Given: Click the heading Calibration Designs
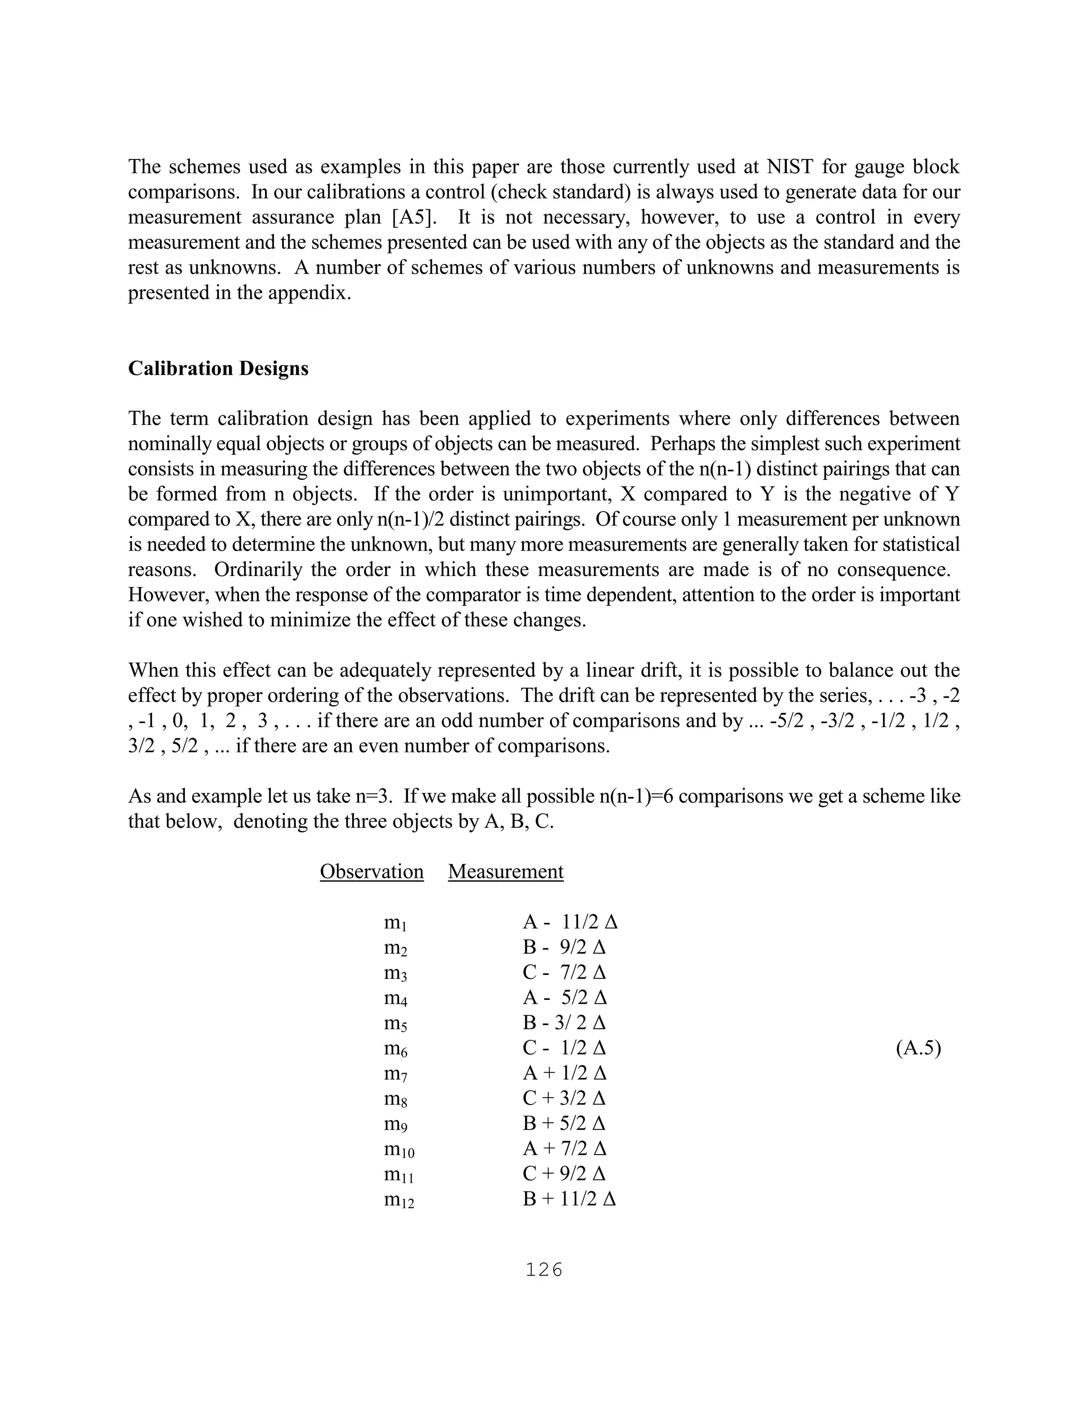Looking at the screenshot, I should click(218, 369).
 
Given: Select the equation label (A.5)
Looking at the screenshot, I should click(918, 1048).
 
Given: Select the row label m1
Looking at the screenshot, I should click(395, 923).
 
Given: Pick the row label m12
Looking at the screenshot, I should click(399, 1200).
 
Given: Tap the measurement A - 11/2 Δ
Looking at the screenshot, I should click(570, 922).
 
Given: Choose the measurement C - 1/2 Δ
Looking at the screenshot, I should click(564, 1048).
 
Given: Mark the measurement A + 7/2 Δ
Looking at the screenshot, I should click(564, 1149).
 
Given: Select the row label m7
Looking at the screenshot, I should click(395, 1074).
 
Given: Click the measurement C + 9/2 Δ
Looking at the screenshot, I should click(564, 1174).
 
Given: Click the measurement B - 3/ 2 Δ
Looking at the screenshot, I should click(564, 1023).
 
